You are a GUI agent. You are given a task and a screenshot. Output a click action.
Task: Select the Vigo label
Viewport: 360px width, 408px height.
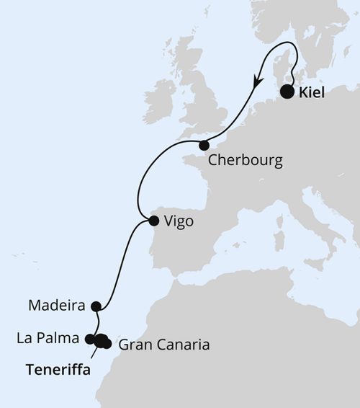click(179, 222)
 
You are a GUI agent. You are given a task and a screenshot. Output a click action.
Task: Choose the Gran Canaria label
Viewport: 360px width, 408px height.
click(163, 345)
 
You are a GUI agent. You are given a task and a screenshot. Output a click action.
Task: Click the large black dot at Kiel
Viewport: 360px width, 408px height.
click(287, 92)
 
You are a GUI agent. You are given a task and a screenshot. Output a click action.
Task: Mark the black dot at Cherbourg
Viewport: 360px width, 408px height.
click(204, 145)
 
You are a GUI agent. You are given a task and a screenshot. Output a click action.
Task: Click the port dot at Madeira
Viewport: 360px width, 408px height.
click(96, 306)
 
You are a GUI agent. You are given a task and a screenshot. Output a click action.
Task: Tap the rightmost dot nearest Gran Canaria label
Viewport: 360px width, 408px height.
click(108, 344)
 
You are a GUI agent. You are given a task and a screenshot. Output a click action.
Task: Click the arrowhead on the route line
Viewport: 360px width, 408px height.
click(256, 82)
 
